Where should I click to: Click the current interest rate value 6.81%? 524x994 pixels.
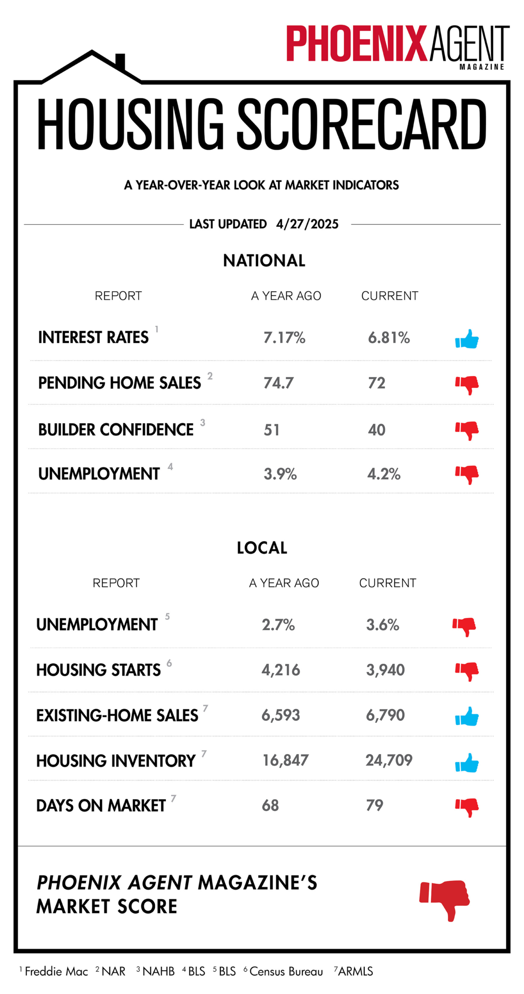[x=389, y=337]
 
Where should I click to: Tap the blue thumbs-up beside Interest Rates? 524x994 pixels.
[x=467, y=339]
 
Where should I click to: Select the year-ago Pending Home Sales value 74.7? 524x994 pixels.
[x=278, y=383]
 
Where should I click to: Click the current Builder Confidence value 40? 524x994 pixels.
[x=377, y=430]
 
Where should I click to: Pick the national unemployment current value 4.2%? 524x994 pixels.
[x=384, y=474]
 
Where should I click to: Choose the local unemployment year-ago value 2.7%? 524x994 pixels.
[x=278, y=625]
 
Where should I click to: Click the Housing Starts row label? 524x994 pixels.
[x=98, y=670]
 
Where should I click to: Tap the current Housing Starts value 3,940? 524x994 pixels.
[x=385, y=670]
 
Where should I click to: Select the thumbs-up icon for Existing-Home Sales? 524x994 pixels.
[x=467, y=716]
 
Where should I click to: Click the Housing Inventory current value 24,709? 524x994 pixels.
[x=389, y=760]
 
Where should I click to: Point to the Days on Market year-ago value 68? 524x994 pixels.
[x=270, y=806]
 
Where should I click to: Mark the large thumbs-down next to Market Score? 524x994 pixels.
[x=445, y=900]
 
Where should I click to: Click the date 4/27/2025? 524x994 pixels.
[x=308, y=224]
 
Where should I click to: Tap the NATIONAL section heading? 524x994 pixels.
[x=264, y=261]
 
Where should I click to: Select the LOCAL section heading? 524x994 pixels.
[x=262, y=548]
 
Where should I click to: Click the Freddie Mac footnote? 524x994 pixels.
[x=54, y=971]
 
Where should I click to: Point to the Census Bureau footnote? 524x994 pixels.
[x=283, y=971]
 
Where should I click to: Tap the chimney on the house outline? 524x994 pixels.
[x=120, y=62]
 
